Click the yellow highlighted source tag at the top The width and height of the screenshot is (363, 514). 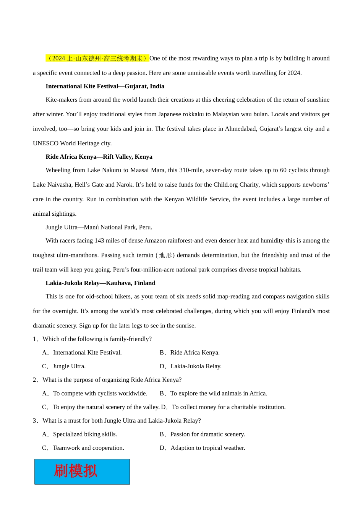(x=97, y=58)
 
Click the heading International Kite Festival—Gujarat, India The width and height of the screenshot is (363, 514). (x=105, y=86)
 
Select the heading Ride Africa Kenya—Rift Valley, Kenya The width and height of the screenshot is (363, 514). (x=99, y=157)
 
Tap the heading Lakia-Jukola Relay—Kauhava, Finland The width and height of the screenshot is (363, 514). (x=100, y=283)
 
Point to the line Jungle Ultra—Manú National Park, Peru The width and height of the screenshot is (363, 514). (x=99, y=227)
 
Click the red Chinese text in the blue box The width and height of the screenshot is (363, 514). (x=76, y=471)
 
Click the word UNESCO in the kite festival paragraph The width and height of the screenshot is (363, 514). (x=45, y=143)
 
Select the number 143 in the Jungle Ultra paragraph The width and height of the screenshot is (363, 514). (x=99, y=241)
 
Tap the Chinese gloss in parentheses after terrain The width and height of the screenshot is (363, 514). (x=165, y=255)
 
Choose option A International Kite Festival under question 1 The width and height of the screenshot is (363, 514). (x=82, y=353)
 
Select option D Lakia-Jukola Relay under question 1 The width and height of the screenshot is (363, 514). (x=191, y=366)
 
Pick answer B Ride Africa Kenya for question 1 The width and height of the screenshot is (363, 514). (x=190, y=353)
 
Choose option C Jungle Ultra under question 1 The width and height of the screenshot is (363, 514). (x=64, y=366)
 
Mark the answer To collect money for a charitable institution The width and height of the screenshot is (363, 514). (x=223, y=407)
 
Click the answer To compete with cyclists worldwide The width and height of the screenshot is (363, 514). (x=95, y=394)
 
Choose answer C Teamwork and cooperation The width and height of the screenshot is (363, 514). (x=83, y=448)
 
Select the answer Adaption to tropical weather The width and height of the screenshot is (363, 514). (x=203, y=448)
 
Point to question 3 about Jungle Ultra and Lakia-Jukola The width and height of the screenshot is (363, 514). (x=117, y=421)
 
